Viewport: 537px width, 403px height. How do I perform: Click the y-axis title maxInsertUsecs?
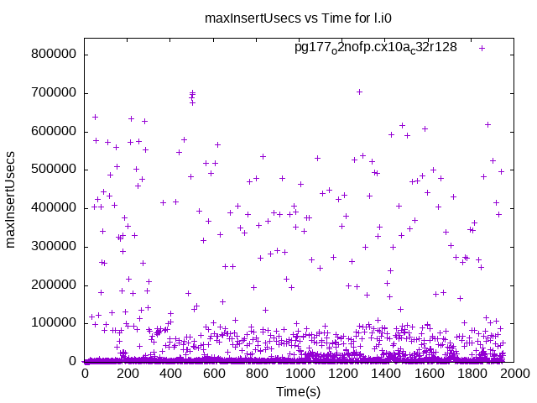click(11, 200)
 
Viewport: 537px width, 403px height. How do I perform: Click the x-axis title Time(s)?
click(299, 391)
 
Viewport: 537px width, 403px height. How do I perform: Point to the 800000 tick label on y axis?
click(54, 55)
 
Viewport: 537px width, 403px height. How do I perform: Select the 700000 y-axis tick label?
click(54, 93)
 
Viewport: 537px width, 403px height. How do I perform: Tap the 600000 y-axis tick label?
click(54, 132)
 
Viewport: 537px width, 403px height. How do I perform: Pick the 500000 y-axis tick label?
click(54, 170)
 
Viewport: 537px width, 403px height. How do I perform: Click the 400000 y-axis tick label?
click(54, 208)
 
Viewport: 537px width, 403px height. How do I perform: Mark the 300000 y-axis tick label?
click(54, 247)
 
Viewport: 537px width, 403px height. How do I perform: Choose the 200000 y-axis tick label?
click(54, 285)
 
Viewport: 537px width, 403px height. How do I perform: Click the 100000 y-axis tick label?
click(54, 323)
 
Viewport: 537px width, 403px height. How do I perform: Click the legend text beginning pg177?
click(375, 48)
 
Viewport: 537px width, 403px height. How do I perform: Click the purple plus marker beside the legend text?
click(482, 48)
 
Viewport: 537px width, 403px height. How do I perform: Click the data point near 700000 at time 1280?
click(359, 92)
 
